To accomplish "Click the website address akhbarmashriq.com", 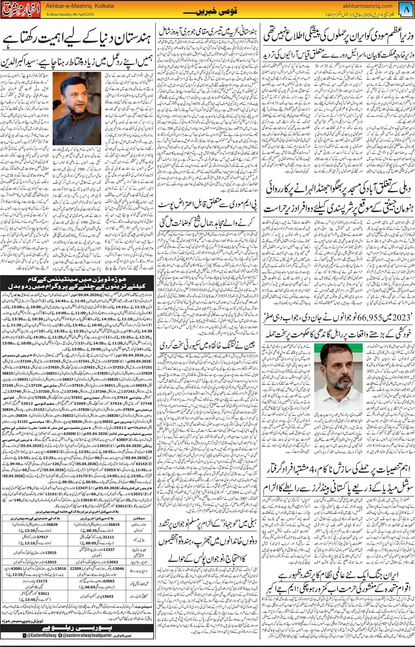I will tap(367, 6).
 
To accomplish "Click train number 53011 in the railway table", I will tap(44, 593).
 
